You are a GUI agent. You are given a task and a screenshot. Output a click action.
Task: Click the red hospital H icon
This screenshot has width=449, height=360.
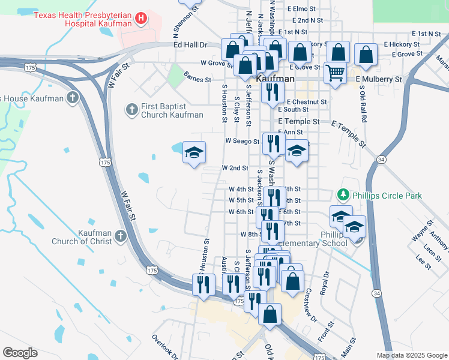140,19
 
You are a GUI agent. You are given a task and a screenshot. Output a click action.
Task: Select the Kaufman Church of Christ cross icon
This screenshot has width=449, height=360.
121,236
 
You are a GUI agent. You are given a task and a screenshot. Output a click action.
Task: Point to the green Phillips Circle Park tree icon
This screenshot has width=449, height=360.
343,195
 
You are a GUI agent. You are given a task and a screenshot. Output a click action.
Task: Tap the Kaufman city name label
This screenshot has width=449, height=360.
275,79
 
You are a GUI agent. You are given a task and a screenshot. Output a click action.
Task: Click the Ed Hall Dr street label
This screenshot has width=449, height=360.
190,45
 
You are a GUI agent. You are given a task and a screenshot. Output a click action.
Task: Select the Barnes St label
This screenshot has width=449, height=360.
197,79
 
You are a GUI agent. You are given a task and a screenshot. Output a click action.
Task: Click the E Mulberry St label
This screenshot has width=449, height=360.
378,79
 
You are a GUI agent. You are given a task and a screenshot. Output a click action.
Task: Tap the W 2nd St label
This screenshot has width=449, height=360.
235,169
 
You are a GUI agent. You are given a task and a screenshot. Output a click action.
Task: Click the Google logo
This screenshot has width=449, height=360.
20,353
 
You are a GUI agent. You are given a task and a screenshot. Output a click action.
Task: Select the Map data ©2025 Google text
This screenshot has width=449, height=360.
411,355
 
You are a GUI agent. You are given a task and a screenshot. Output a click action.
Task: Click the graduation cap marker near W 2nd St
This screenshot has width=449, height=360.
194,154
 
